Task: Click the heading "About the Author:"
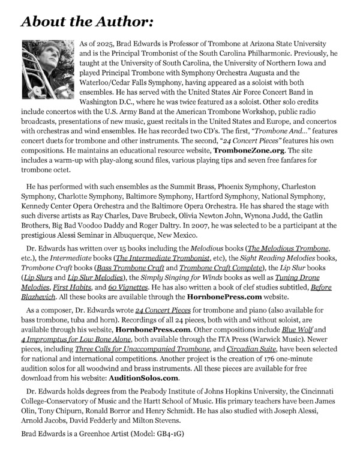click(86, 22)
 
